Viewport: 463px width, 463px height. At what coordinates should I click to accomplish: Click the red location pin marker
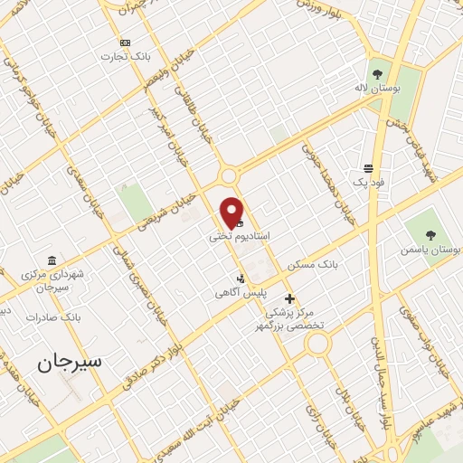tap(232, 212)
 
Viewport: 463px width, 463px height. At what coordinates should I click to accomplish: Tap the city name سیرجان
tap(70, 361)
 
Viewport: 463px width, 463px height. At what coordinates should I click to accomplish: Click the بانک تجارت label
tap(124, 56)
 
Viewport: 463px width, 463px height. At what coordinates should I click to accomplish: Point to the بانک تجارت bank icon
tap(125, 43)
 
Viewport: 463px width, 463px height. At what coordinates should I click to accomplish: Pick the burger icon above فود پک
tap(369, 168)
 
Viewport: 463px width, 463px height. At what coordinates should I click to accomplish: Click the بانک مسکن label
tap(312, 266)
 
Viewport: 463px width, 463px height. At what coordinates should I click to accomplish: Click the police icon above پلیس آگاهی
tap(241, 279)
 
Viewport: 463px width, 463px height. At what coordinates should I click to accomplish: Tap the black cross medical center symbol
tap(289, 298)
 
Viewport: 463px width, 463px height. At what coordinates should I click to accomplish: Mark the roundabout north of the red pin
tap(228, 175)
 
